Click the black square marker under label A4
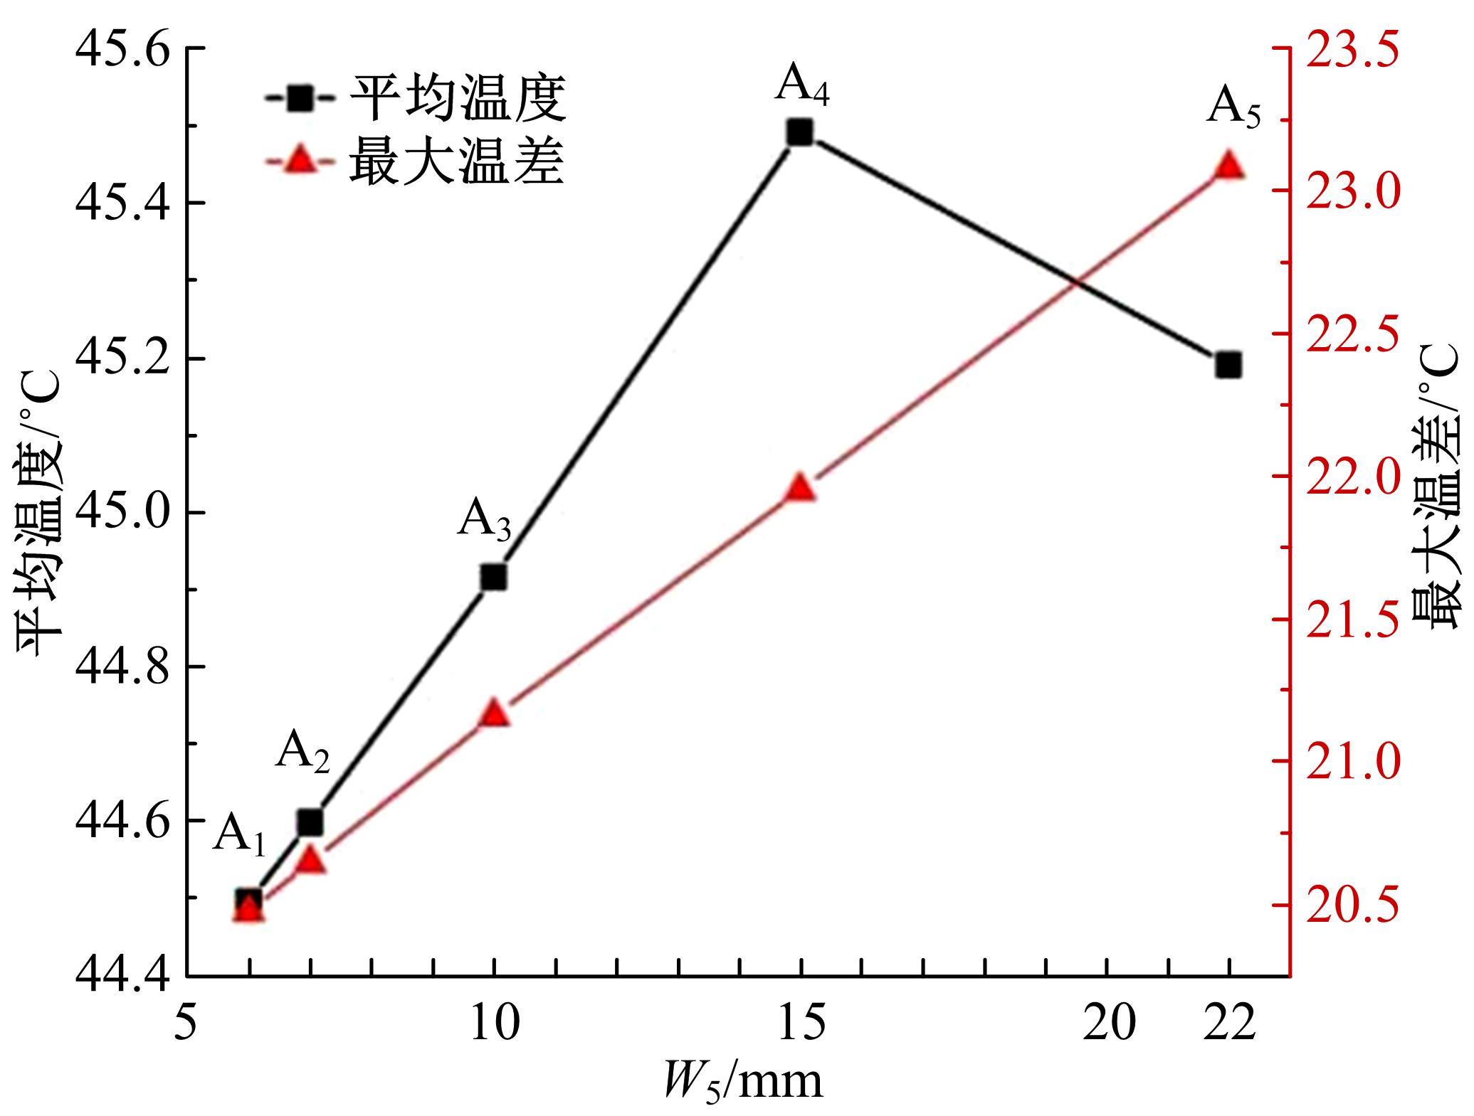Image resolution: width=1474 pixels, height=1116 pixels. [x=800, y=132]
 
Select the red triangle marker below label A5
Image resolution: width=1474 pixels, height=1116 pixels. [x=1228, y=166]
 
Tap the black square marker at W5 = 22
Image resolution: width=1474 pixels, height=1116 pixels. [x=1228, y=366]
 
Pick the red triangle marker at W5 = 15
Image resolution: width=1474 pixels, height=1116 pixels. [x=800, y=489]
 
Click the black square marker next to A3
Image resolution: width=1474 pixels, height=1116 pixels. [x=493, y=578]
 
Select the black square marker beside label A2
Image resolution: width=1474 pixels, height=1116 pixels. [x=310, y=822]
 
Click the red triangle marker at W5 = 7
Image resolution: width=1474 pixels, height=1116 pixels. [x=310, y=861]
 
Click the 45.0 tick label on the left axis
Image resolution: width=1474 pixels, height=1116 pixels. [x=125, y=514]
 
